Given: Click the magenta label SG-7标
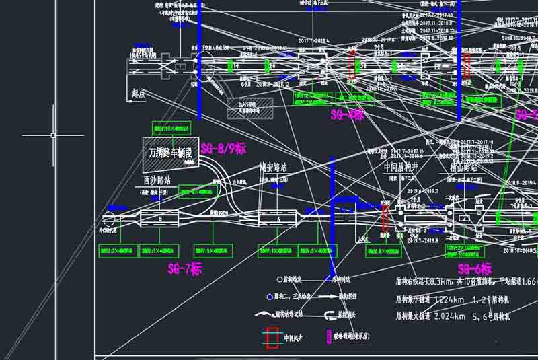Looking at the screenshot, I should coord(184,269).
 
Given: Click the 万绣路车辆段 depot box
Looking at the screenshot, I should coord(170,153).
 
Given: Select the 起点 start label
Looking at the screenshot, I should coord(139,95).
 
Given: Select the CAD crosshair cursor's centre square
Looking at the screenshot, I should coord(53,135).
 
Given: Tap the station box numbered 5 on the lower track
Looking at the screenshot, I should coord(160,219).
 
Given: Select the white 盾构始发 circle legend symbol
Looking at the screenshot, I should coord(280,279).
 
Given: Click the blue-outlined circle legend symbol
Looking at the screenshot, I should coord(270,296).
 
